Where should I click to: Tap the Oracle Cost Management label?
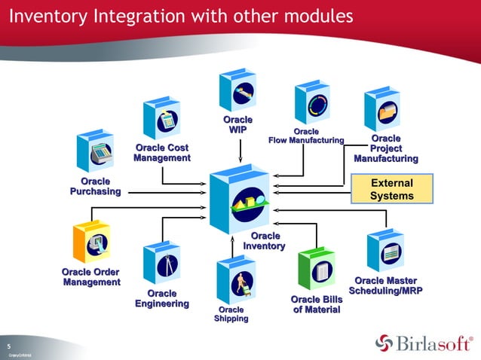coord(162,153)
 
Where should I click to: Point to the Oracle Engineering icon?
coord(162,263)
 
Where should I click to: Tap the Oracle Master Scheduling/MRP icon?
coord(385,250)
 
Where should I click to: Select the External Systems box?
coord(392,189)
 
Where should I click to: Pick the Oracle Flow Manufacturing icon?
coord(313,102)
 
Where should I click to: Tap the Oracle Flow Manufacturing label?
coord(306,136)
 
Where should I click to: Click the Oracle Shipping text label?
coord(231,314)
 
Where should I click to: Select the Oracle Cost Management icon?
coord(161,117)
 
